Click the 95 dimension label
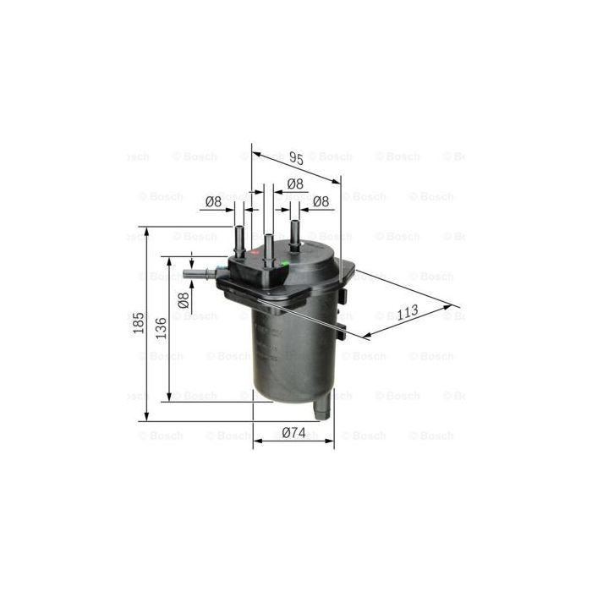coord(295,156)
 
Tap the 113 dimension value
coord(408,311)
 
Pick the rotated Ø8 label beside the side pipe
coord(183,300)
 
